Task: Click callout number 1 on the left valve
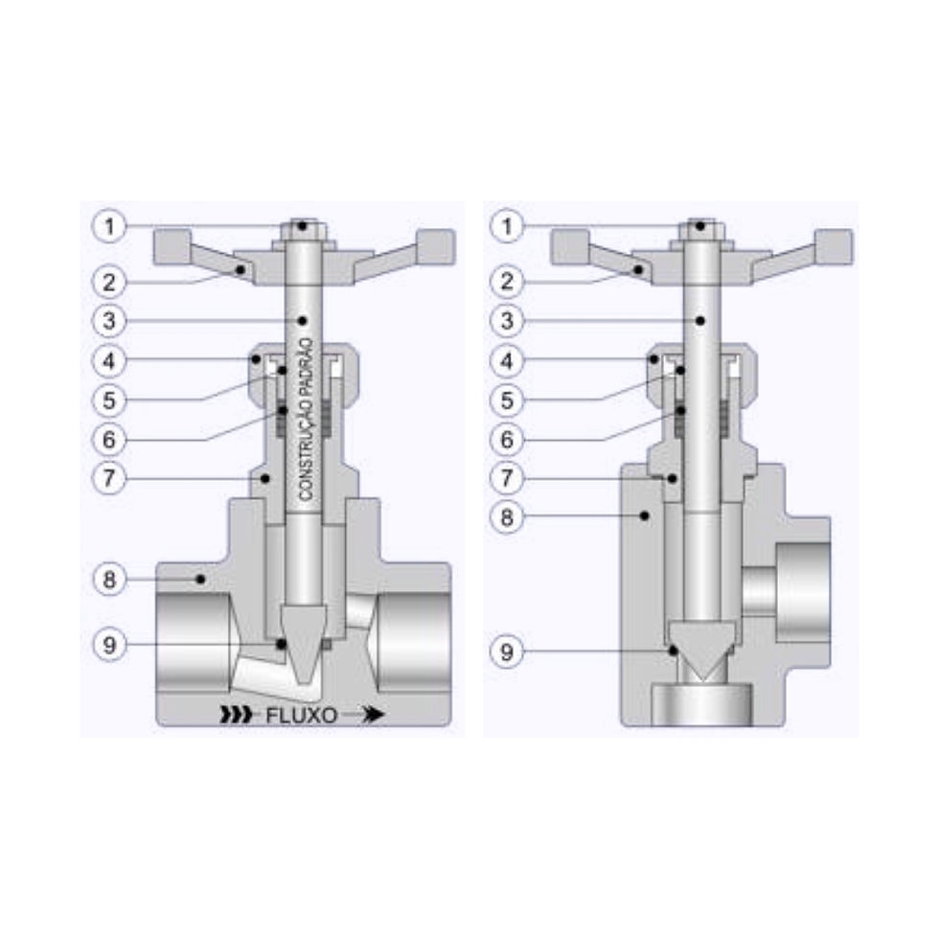[109, 226]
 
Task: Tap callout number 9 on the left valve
[109, 645]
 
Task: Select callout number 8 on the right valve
[507, 516]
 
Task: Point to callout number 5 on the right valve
[507, 401]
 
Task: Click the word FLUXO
[301, 716]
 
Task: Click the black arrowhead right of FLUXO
[373, 715]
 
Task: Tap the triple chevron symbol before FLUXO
[236, 715]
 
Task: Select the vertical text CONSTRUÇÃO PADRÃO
[306, 420]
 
